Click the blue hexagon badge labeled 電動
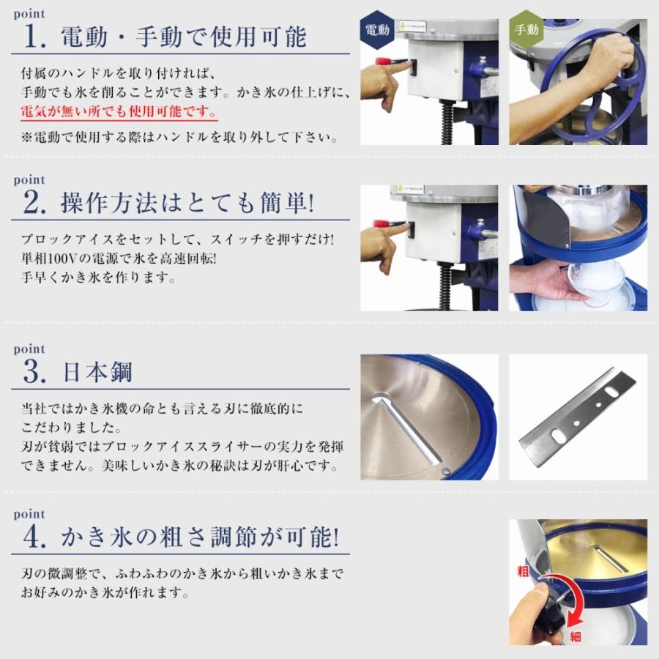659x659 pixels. (379, 30)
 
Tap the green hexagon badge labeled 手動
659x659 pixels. (526, 30)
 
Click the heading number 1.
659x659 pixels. (34, 37)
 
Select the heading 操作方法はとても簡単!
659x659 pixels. (187, 203)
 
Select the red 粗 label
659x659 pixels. (522, 570)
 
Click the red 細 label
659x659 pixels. (576, 636)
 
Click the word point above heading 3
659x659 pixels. (29, 349)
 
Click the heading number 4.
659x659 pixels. (34, 538)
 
